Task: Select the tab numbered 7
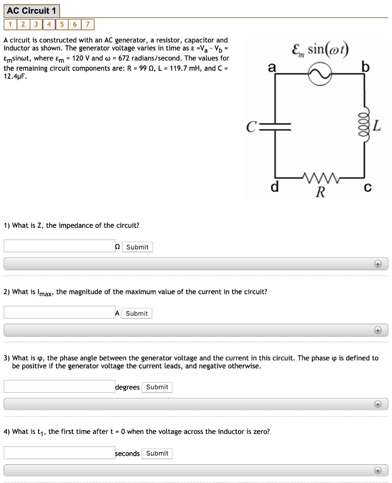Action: point(89,25)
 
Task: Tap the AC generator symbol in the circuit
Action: point(320,74)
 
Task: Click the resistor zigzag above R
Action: point(320,179)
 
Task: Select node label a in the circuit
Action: point(271,68)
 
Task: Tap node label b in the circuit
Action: point(365,68)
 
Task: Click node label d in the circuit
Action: point(274,188)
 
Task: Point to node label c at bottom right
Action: point(368,188)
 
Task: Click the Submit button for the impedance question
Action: point(137,247)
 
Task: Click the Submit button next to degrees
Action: point(157,387)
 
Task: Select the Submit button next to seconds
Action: point(157,453)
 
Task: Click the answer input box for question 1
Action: point(59,246)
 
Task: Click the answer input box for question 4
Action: point(59,452)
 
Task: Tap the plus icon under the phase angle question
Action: point(377,404)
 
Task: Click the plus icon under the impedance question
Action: point(377,264)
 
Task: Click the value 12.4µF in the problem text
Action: point(15,76)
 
